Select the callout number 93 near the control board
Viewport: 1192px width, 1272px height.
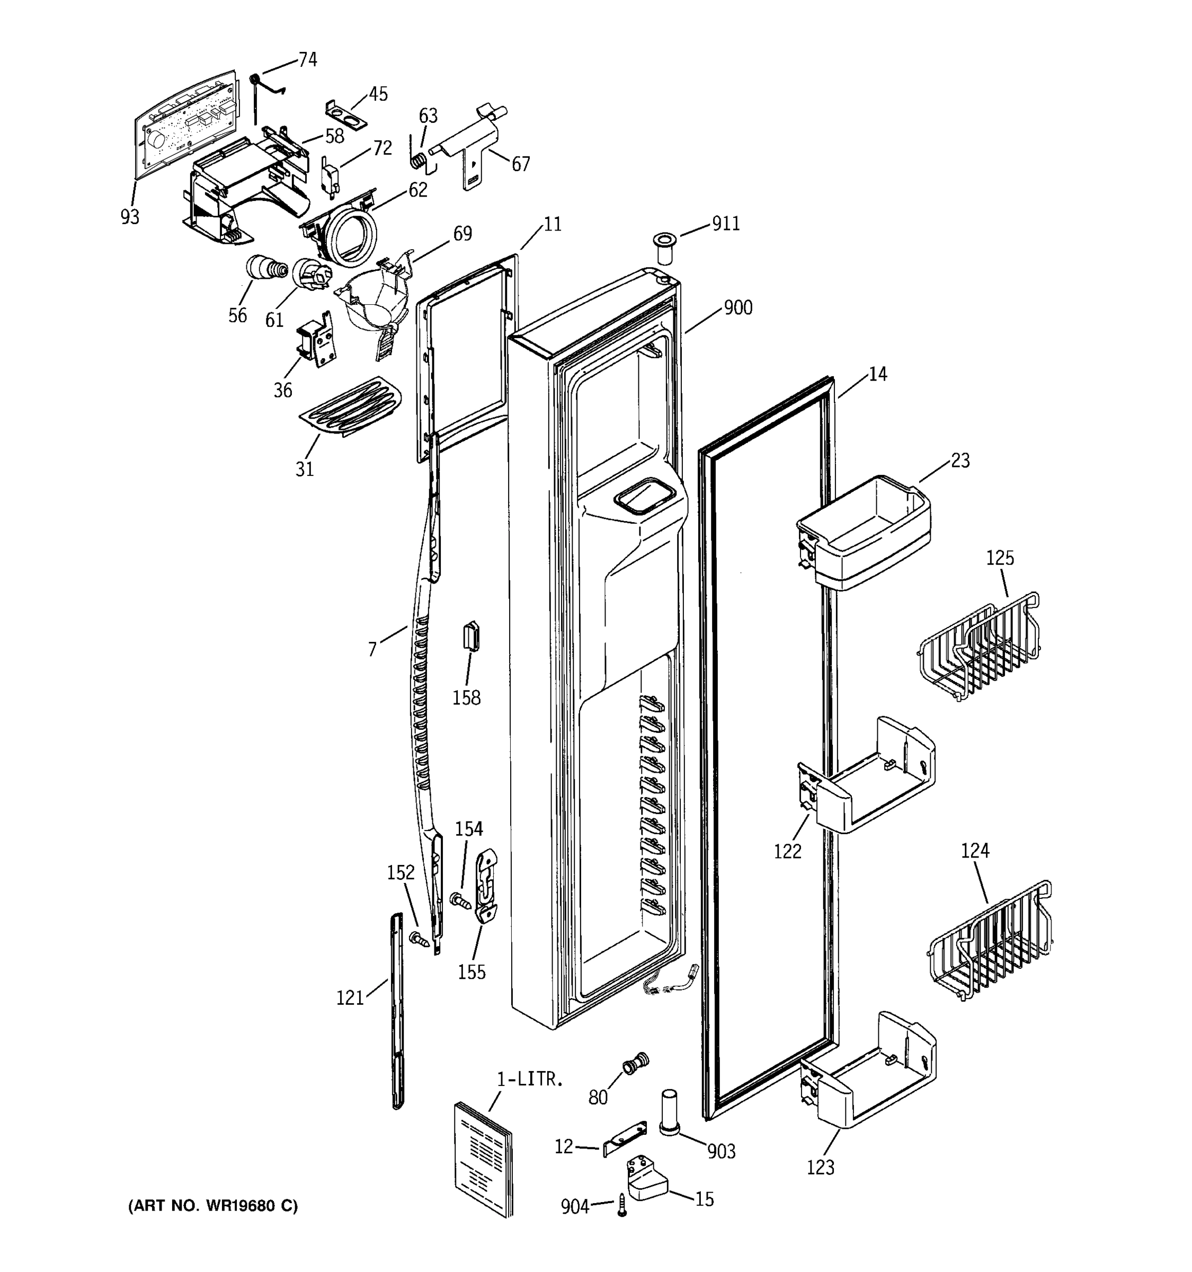(x=130, y=217)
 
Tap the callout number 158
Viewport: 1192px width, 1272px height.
(x=466, y=697)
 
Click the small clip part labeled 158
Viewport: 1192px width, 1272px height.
(x=472, y=636)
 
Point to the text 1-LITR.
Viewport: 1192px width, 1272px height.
(x=530, y=1080)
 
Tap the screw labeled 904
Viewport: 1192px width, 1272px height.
(x=621, y=1207)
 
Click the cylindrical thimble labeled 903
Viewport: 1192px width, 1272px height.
(x=669, y=1111)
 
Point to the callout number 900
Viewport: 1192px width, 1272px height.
(x=738, y=308)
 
